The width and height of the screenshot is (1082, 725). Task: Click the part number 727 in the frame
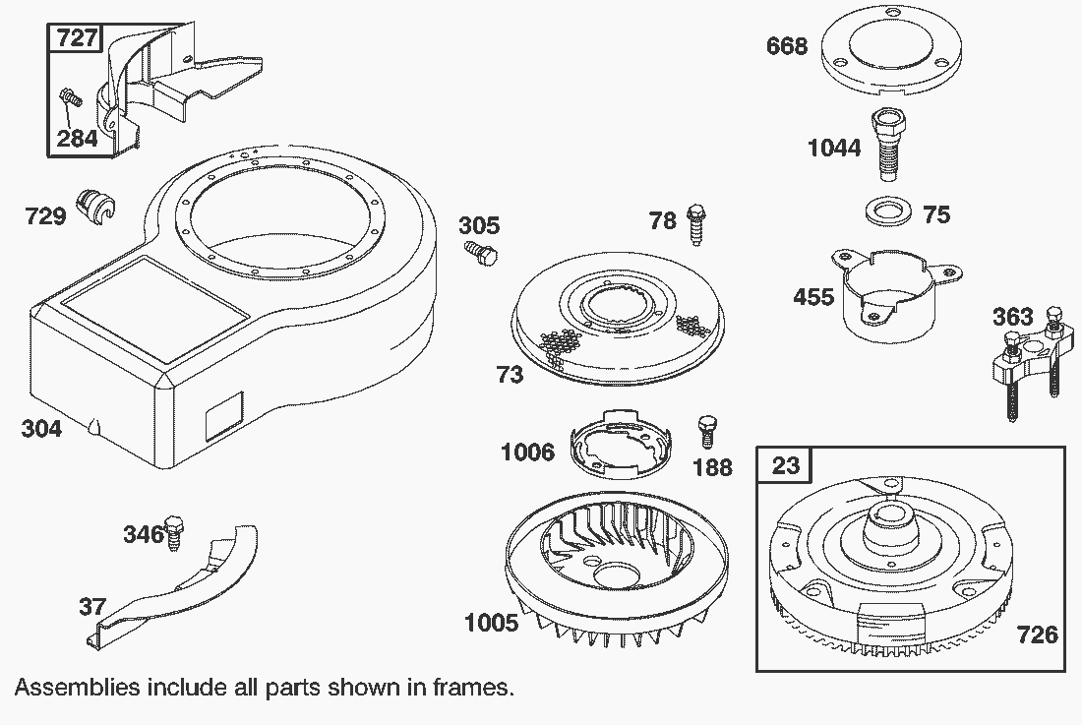(x=77, y=38)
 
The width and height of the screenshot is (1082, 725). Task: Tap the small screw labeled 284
(x=70, y=98)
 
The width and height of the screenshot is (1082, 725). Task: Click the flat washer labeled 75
(x=885, y=211)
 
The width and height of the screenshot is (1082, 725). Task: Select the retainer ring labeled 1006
(x=620, y=448)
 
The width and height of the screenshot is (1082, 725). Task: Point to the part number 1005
(x=490, y=622)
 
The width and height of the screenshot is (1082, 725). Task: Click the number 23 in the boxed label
(x=785, y=463)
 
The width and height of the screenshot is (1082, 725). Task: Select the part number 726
(x=1038, y=634)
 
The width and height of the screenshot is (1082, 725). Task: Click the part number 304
(x=41, y=428)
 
